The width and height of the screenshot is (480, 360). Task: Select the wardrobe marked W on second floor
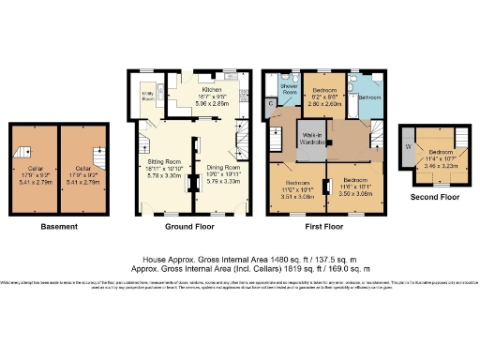[407, 146]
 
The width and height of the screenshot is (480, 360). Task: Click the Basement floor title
[59, 226]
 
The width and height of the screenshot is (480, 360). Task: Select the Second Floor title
[432, 199]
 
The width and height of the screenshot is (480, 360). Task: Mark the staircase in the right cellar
[97, 152]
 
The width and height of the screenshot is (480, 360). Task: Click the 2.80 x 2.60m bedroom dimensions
[326, 104]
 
